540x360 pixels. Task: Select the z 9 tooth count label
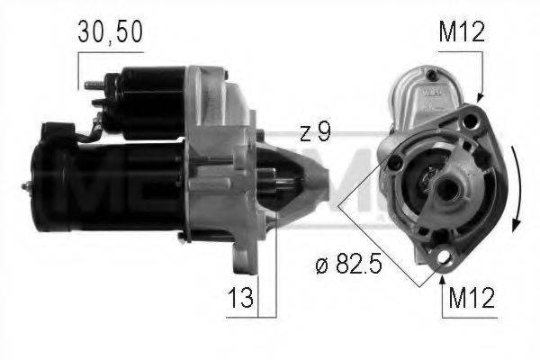pyautogui.click(x=314, y=132)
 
